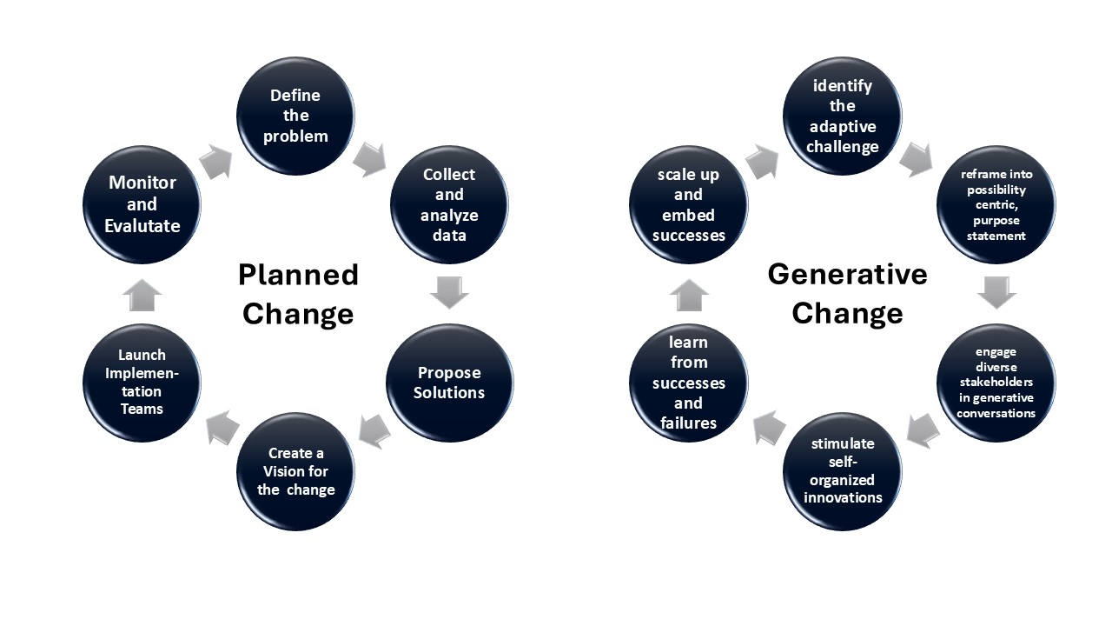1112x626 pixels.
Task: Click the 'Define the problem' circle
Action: [x=295, y=116]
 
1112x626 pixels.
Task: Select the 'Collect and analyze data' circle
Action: [x=449, y=205]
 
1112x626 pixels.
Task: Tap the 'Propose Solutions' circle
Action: [x=449, y=383]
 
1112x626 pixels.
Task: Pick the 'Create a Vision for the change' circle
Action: [x=295, y=471]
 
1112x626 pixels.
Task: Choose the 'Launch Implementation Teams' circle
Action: [x=142, y=383]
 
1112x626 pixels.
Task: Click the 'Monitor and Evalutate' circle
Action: [x=142, y=205]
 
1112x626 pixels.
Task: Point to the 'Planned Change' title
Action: [x=298, y=294]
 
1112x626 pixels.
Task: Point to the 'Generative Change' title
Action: [x=847, y=293]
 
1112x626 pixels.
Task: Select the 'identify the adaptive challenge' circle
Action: [x=842, y=116]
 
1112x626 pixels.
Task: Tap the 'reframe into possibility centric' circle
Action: [x=996, y=205]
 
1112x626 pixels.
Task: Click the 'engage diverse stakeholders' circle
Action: [x=996, y=383]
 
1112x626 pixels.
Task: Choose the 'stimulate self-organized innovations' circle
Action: [x=842, y=471]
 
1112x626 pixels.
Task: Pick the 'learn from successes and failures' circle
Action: [x=688, y=383]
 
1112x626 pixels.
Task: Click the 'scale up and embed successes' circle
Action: [x=688, y=205]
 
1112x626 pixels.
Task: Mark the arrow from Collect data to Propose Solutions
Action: [x=449, y=292]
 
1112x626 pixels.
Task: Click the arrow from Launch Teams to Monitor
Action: [x=142, y=295]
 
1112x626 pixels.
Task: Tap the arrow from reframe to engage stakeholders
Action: [x=996, y=292]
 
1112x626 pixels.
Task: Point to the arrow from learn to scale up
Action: [x=688, y=295]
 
